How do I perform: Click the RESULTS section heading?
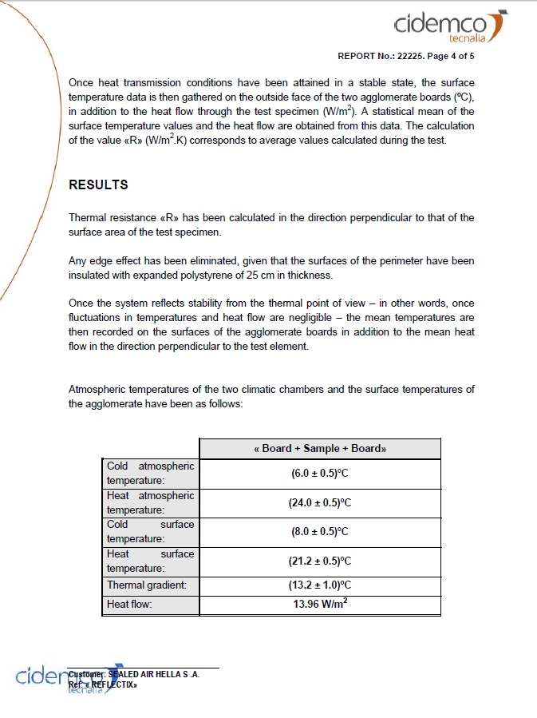pos(98,184)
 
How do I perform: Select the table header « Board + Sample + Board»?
pos(320,449)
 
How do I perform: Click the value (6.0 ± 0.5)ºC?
pos(320,474)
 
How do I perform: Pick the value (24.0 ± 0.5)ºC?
pos(320,503)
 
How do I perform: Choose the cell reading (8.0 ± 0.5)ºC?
pos(320,532)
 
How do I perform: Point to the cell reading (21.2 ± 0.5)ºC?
pos(320,561)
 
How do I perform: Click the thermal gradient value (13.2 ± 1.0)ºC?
pos(320,585)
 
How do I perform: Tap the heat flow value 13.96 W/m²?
pos(320,605)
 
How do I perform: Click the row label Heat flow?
pos(129,605)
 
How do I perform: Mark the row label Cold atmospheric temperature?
pos(150,474)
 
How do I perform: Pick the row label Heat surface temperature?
pos(150,561)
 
